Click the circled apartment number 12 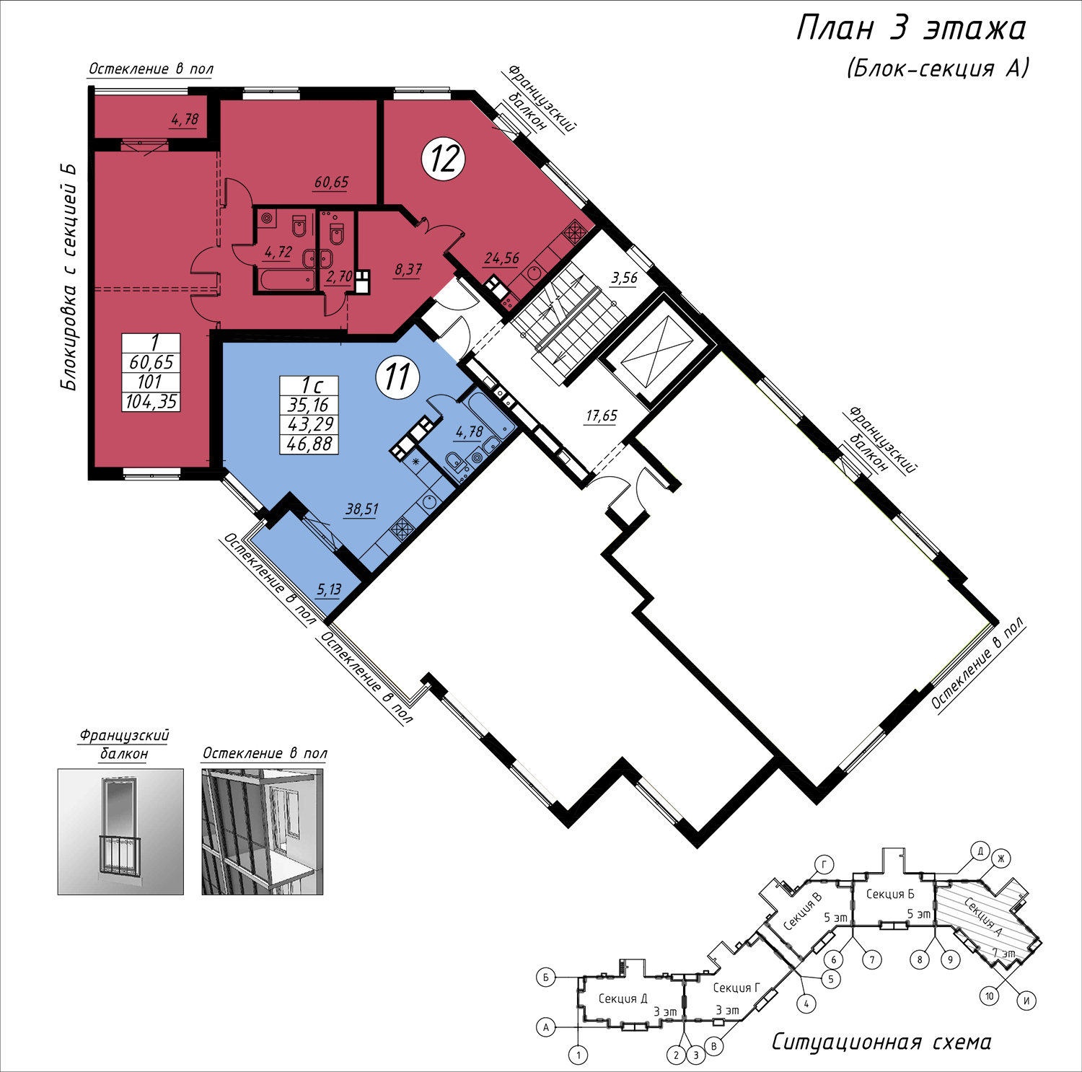[444, 159]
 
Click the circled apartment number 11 [397, 377]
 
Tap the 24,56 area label [502, 258]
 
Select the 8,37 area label [408, 270]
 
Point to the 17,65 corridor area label [601, 416]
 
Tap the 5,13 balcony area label [329, 590]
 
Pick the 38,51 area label [362, 509]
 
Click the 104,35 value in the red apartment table [151, 402]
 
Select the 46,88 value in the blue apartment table [309, 444]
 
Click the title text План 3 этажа [911, 29]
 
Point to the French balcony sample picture [120, 832]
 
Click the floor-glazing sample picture [263, 832]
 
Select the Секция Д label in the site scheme [623, 998]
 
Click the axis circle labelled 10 [990, 996]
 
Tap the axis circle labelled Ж [1000, 858]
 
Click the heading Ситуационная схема [881, 1042]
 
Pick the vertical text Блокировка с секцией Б [68, 277]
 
